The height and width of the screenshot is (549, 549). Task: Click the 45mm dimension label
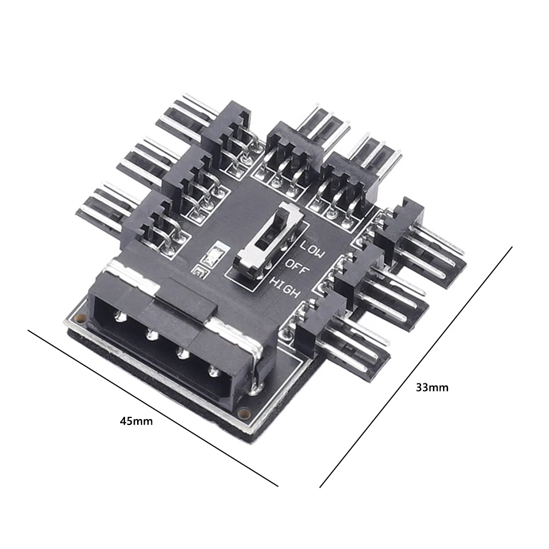[136, 421]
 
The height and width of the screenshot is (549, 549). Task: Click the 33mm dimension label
[432, 388]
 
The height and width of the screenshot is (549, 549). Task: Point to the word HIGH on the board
[286, 287]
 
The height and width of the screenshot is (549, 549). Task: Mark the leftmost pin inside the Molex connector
[119, 317]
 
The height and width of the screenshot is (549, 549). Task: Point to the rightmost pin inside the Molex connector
[214, 371]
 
